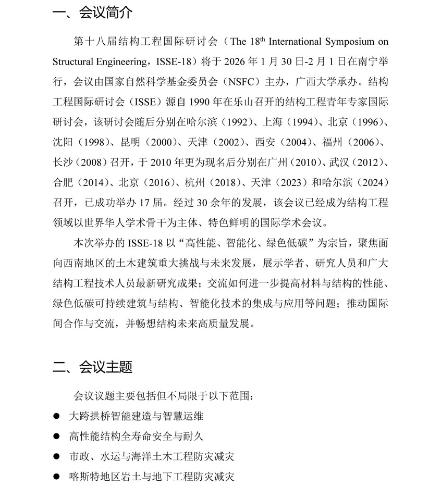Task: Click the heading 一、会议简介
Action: coord(93,13)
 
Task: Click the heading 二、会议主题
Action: coord(93,367)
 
